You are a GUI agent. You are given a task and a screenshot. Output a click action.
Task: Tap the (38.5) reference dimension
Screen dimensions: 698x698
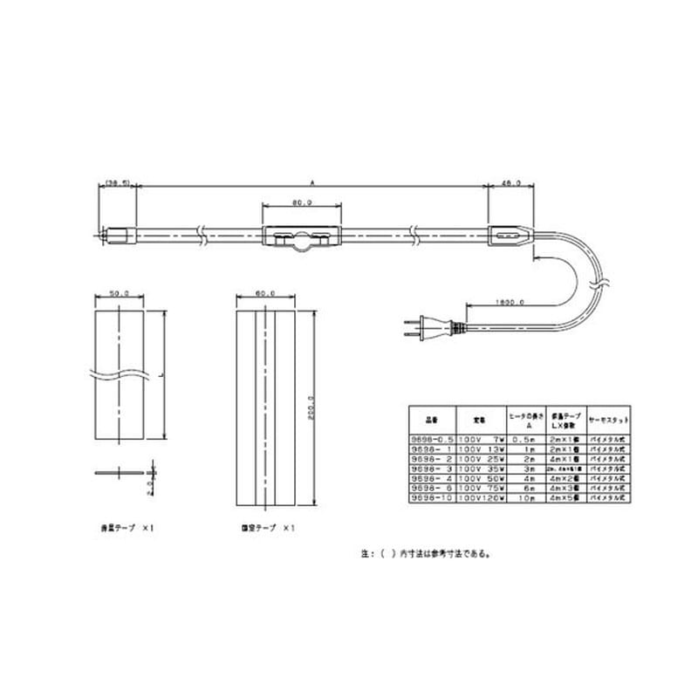pyautogui.click(x=116, y=183)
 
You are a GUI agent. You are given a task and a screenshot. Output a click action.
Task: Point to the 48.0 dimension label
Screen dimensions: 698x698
pyautogui.click(x=511, y=183)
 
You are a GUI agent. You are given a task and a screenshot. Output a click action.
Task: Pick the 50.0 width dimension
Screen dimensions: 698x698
pyautogui.click(x=119, y=294)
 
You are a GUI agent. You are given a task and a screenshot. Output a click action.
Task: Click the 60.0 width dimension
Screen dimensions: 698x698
pyautogui.click(x=266, y=294)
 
